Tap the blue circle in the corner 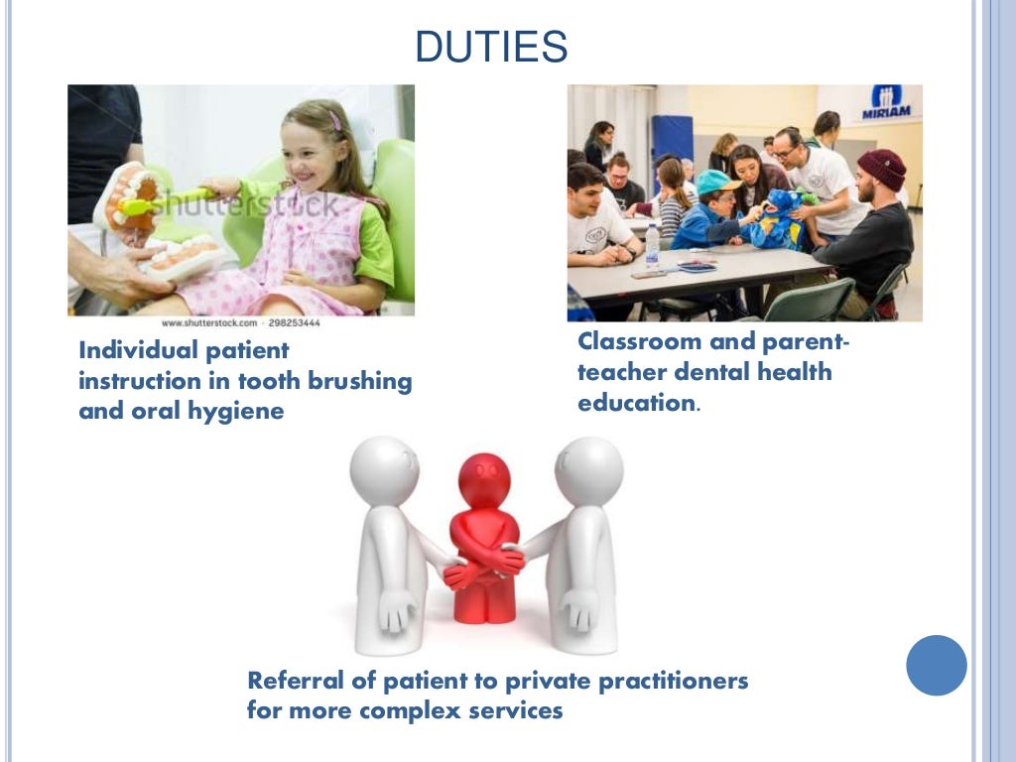point(936,665)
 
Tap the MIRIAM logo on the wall point(886,102)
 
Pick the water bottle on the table point(652,245)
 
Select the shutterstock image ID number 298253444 point(296,323)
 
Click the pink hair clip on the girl point(335,120)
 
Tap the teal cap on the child point(718,182)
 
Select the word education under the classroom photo point(635,404)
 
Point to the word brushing point(353,381)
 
